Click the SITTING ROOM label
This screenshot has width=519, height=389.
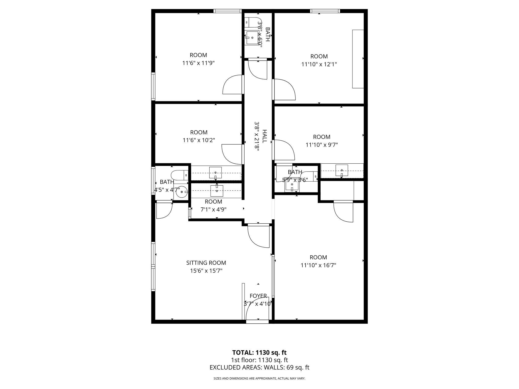(206, 263)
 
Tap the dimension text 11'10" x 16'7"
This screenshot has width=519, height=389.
(318, 265)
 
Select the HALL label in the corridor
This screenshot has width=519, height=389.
(264, 136)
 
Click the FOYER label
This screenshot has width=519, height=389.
(258, 296)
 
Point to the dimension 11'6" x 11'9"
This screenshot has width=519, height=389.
(198, 63)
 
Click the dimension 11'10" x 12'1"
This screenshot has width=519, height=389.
(319, 64)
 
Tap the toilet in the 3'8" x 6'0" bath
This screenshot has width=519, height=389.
(253, 22)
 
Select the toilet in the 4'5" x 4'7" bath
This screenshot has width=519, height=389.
(179, 175)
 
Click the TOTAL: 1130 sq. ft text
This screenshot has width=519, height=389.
(259, 353)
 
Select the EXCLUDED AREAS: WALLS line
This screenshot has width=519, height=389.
(259, 367)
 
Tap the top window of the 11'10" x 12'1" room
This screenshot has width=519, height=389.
(325, 11)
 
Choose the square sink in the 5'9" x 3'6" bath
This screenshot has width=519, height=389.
(292, 186)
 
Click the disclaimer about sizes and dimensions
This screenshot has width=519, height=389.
(259, 379)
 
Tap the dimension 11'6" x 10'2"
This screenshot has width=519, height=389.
(199, 140)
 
